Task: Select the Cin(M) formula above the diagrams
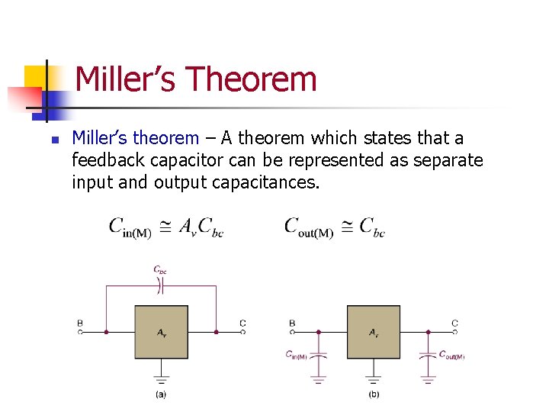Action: (165, 227)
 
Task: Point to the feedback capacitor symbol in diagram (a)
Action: (160, 286)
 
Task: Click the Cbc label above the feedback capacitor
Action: (160, 269)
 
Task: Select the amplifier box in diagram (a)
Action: (161, 332)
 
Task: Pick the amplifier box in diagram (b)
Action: (373, 332)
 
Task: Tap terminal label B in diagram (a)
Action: (80, 323)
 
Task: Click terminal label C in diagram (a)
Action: (242, 323)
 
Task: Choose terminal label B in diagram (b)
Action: (292, 323)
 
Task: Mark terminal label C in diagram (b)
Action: (454, 323)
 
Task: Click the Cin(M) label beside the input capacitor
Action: (296, 355)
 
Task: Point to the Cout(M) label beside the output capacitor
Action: (451, 355)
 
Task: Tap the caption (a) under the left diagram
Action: (161, 394)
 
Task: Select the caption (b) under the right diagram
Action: (373, 394)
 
